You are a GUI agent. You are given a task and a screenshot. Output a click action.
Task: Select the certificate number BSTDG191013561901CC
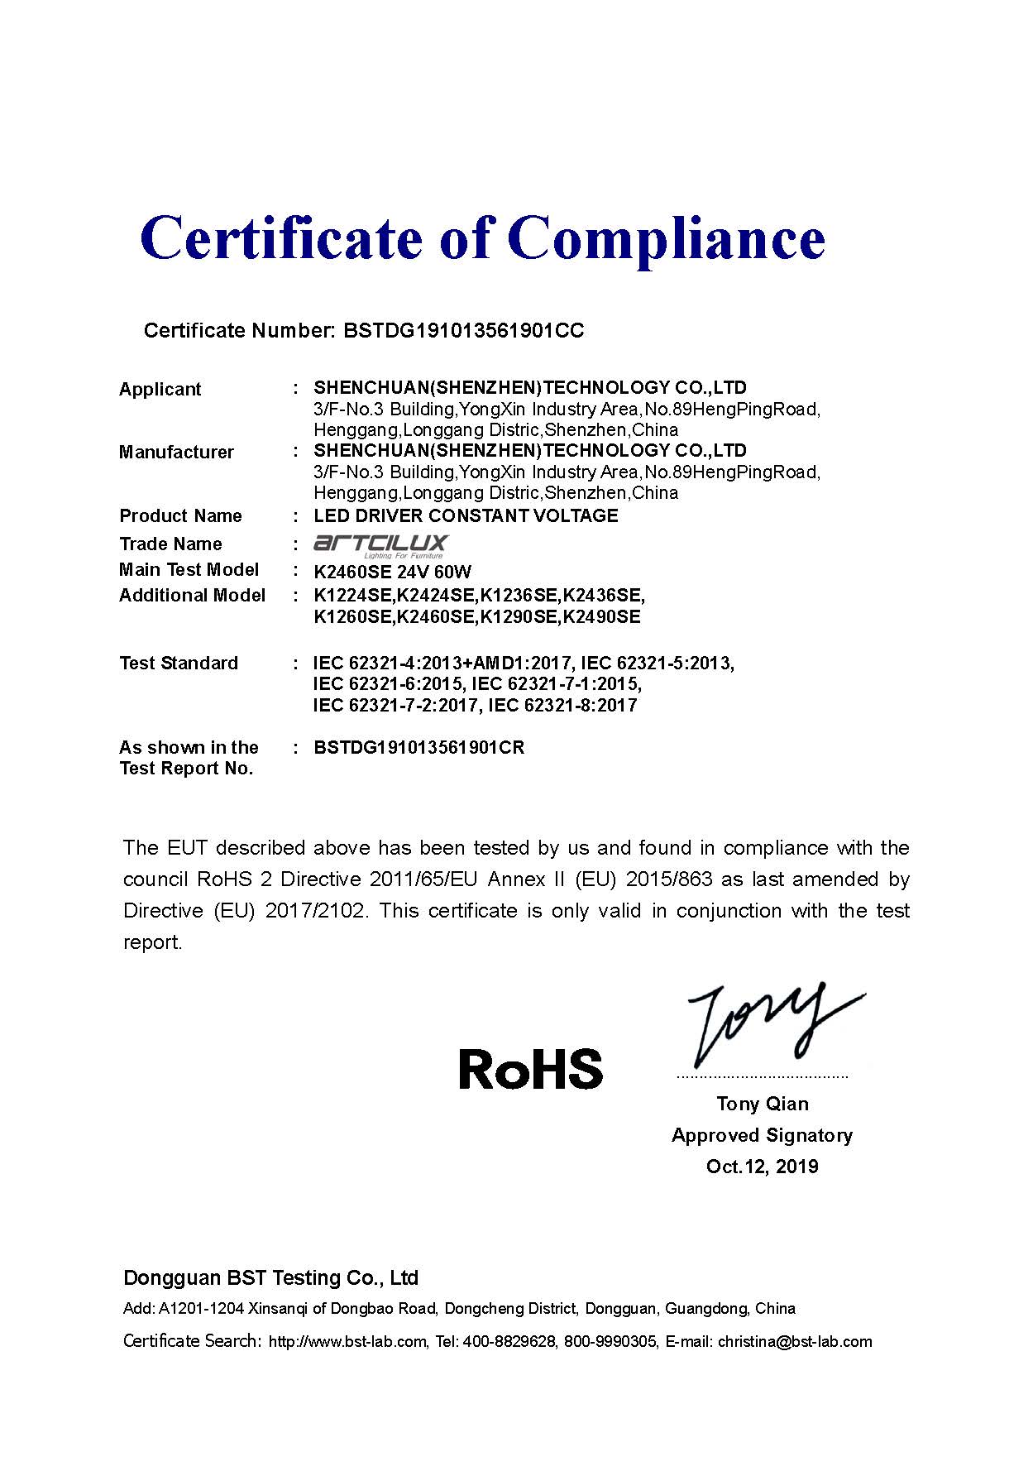(x=463, y=331)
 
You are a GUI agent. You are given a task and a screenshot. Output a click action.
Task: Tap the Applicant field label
(x=160, y=389)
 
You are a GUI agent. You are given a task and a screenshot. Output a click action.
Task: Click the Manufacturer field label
(x=176, y=452)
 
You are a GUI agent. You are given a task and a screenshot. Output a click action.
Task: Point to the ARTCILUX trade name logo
(x=380, y=545)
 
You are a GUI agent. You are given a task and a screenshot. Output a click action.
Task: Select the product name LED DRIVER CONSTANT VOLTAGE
(x=466, y=516)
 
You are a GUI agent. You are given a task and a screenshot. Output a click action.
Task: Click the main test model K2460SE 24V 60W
(x=393, y=572)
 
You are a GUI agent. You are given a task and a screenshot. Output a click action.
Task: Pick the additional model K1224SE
(x=353, y=596)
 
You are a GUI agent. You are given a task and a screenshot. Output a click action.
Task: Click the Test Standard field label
(x=179, y=664)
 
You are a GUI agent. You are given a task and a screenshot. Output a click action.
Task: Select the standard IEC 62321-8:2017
(x=562, y=706)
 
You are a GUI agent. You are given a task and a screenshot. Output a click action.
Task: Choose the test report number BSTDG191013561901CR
(x=418, y=748)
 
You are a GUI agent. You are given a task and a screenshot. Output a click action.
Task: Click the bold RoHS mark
(x=530, y=1068)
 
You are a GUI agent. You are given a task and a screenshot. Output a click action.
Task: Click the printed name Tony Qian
(x=763, y=1104)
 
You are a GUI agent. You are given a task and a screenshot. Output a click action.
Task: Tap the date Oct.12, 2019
(x=762, y=1167)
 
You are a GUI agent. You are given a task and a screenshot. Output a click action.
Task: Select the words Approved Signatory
(x=762, y=1135)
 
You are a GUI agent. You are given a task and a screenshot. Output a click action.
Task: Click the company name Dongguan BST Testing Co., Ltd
(x=270, y=1278)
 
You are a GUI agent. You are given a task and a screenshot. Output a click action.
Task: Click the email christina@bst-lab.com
(x=795, y=1342)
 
